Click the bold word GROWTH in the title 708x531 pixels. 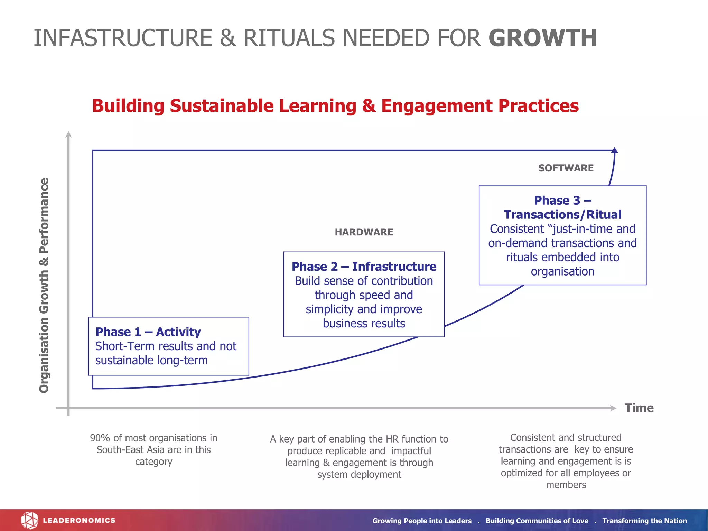(543, 38)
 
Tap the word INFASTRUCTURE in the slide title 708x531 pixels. (123, 38)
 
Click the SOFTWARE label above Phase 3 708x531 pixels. (566, 168)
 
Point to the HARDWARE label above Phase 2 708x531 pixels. (364, 232)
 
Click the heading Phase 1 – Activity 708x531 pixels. (148, 332)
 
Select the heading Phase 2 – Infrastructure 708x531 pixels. (364, 267)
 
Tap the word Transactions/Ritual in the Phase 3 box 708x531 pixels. (562, 215)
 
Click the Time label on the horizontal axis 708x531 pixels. (639, 408)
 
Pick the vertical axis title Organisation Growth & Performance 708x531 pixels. (44, 285)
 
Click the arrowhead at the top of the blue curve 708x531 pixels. (615, 150)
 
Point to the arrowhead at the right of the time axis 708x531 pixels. (614, 408)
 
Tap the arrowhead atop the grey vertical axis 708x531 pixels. (69, 134)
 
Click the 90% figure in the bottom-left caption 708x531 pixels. (100, 438)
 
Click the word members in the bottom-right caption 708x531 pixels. (566, 485)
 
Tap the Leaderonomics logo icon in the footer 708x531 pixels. (29, 520)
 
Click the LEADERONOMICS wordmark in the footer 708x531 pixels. (79, 520)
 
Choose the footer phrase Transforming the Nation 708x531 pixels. (644, 521)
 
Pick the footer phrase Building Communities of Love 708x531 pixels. (537, 521)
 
